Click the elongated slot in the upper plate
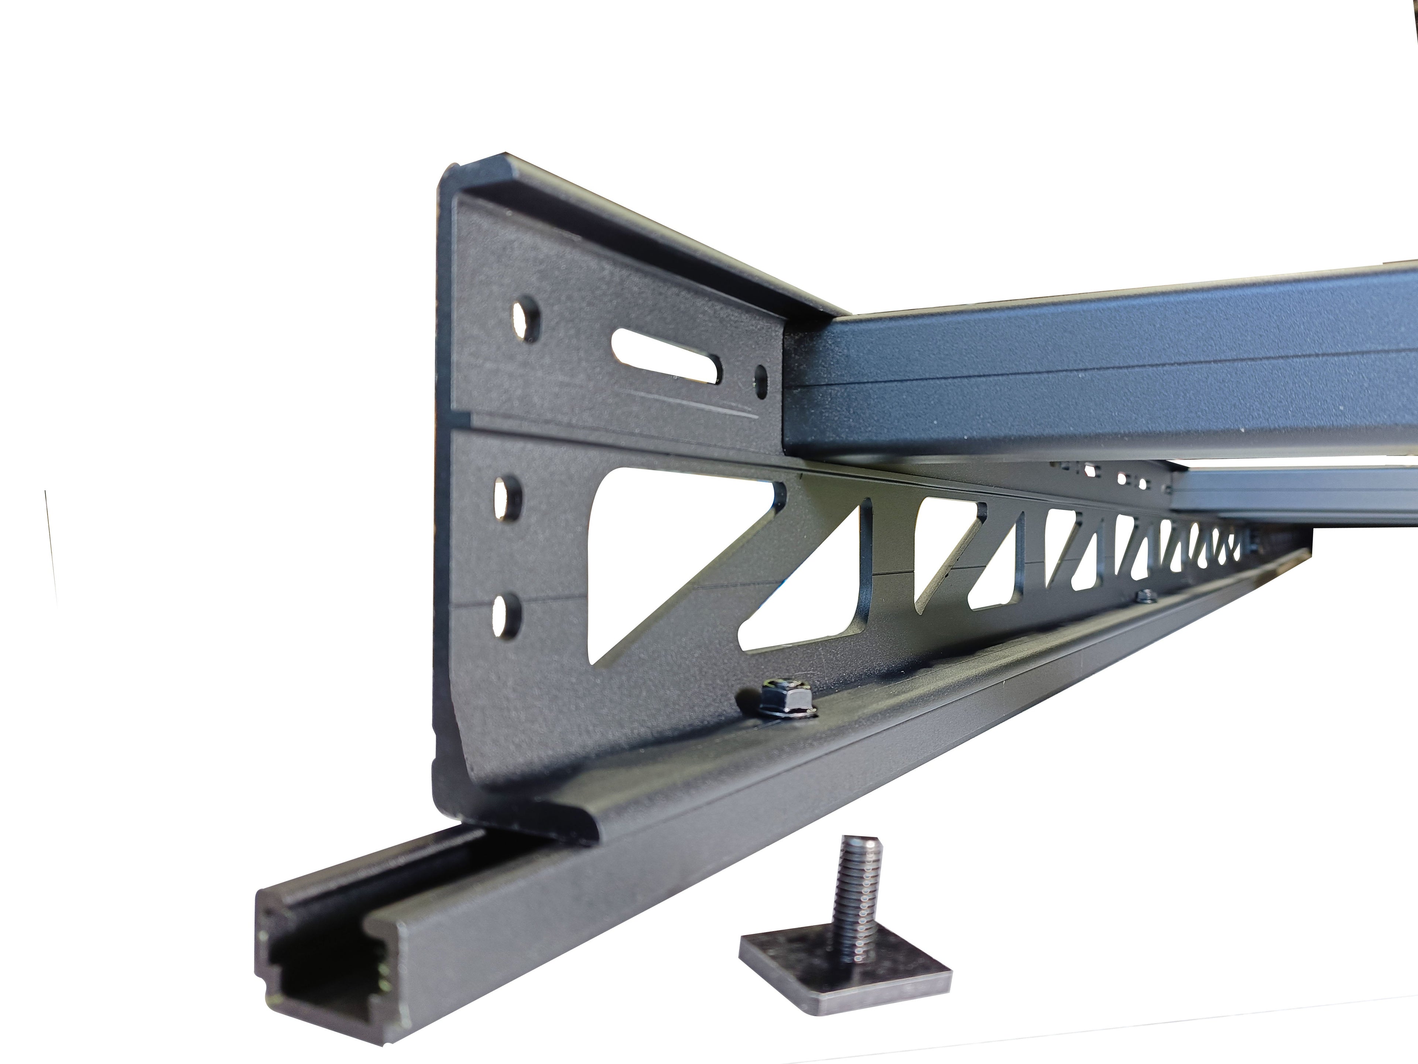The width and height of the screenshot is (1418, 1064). (667, 356)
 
